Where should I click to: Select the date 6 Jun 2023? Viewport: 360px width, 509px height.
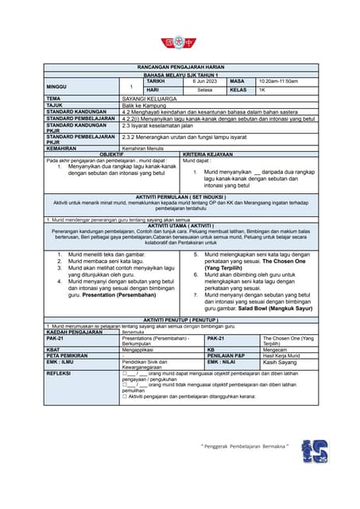(203, 81)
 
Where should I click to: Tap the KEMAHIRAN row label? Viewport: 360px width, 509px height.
(62, 148)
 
